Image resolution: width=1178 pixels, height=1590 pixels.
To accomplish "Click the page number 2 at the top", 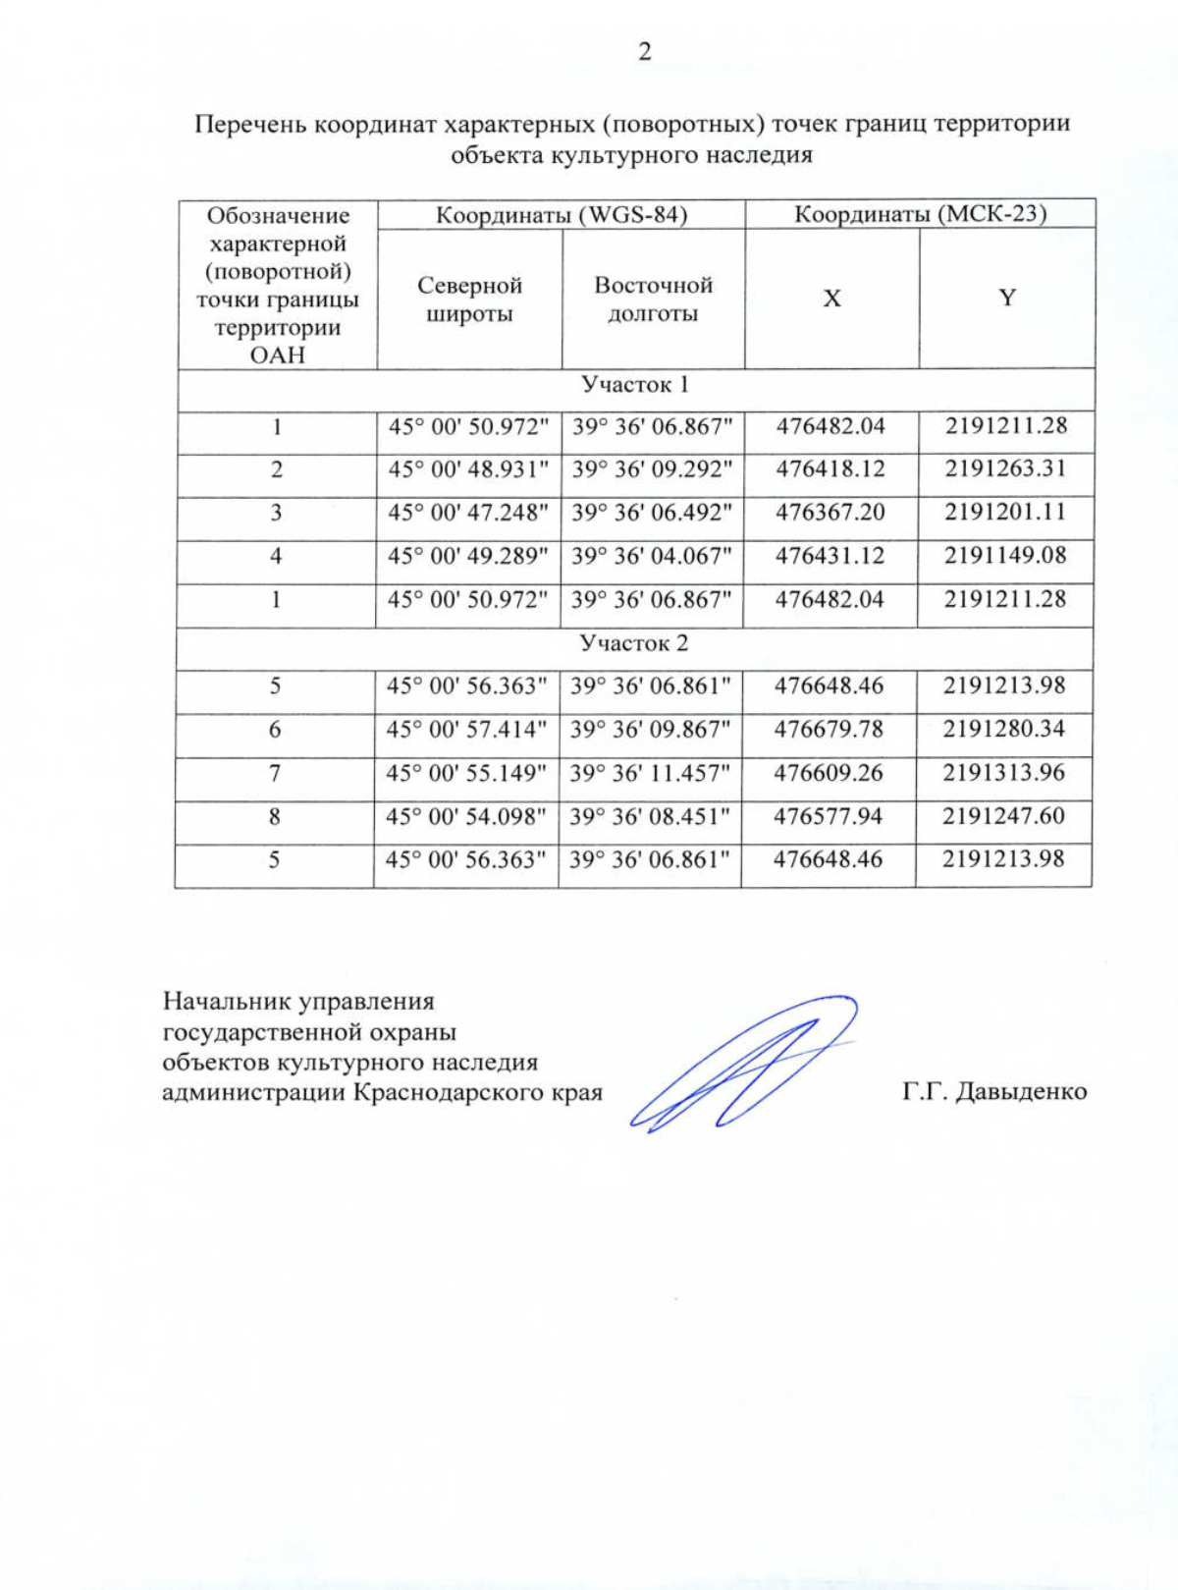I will point(644,52).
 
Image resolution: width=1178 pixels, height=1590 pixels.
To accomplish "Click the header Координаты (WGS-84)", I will point(561,214).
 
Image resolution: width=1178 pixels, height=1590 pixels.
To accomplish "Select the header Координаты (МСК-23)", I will point(920,213).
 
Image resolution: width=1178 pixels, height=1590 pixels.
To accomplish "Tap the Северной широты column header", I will point(469,300).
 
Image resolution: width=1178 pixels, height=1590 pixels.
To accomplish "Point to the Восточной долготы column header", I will point(653,300).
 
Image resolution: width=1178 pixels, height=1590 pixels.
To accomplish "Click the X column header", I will point(831,299).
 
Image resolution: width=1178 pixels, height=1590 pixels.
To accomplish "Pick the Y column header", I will point(1007,298).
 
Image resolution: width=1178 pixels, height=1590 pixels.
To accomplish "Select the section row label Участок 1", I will point(634,384).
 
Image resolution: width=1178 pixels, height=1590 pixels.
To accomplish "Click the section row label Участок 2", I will point(633,643).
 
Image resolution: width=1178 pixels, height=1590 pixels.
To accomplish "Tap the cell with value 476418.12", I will point(830,469).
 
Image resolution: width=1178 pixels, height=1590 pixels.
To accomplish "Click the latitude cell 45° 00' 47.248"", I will point(467,513).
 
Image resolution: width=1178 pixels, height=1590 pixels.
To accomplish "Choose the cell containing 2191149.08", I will point(1005,556).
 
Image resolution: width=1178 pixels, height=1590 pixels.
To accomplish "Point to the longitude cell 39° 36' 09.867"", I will point(651,730).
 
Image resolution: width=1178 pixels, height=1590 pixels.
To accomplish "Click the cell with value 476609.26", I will point(829,773).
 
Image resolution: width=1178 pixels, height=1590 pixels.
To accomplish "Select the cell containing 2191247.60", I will point(1003,816).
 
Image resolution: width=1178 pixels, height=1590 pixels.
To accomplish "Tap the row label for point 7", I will point(275,773).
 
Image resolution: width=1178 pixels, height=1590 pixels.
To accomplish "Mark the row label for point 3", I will point(276,513).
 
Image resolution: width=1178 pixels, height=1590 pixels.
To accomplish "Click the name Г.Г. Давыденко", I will point(994,1091).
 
